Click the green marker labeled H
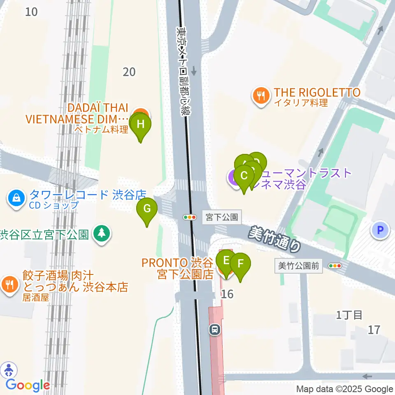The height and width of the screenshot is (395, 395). pos(140,124)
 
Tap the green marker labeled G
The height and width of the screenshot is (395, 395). pos(147,209)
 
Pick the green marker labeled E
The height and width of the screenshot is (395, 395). pos(225,260)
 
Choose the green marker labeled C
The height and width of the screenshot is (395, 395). pos(244,176)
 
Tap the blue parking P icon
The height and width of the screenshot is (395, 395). pos(380,230)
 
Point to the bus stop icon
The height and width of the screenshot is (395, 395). pos(214,329)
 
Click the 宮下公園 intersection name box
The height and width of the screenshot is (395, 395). pos(222,217)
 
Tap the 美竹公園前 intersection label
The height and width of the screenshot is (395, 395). pos(298,266)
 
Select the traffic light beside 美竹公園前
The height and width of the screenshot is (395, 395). pos(335,266)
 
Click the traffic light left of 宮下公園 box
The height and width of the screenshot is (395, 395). pos(190,217)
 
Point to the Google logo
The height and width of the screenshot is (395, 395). pos(28,386)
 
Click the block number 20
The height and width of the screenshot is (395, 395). pos(129,72)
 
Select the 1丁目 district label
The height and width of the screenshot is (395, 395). pos(349,315)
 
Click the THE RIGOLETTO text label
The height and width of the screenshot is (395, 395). pos(317,93)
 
